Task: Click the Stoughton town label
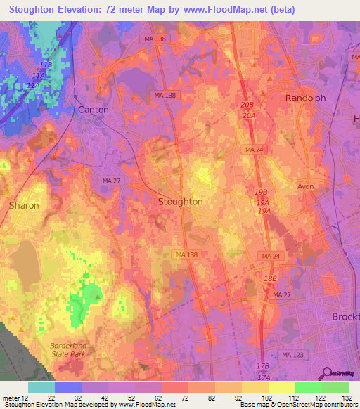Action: [180, 202]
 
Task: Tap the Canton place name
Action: [94, 110]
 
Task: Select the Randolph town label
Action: [305, 98]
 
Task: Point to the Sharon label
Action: [24, 205]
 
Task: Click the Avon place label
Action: [305, 187]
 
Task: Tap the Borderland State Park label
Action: [70, 349]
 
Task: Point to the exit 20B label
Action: [247, 104]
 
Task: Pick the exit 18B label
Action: [270, 279]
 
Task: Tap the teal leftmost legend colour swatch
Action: [41, 387]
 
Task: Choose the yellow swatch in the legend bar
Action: [281, 387]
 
